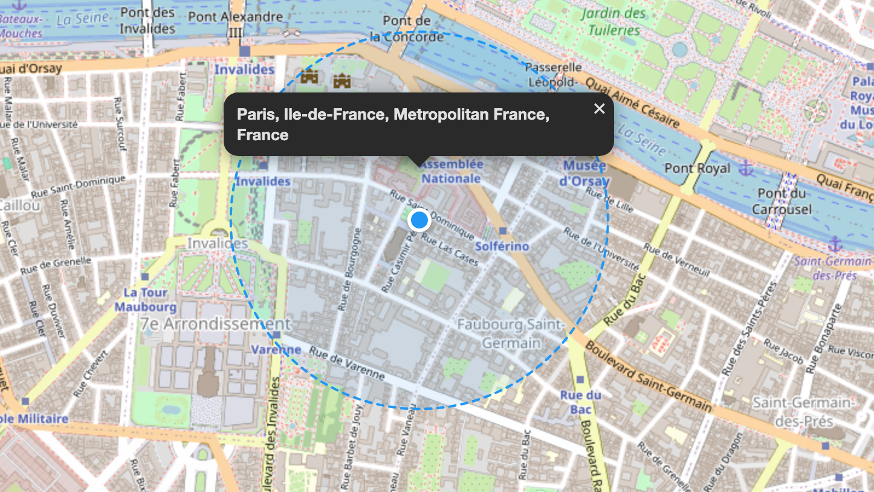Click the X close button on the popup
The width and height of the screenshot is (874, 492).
pyautogui.click(x=599, y=109)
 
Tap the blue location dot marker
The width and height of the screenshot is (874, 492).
pyautogui.click(x=419, y=220)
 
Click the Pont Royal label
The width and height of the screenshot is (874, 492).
pyautogui.click(x=698, y=168)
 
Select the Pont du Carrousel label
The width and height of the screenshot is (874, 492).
pyautogui.click(x=782, y=201)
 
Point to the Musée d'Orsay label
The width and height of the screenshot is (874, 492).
pyautogui.click(x=584, y=173)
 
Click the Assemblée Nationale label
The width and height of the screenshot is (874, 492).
pyautogui.click(x=451, y=171)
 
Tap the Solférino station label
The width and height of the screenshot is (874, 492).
pyautogui.click(x=502, y=246)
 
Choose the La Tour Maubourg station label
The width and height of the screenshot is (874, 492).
pyautogui.click(x=145, y=299)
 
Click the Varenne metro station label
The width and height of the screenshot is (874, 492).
pyautogui.click(x=276, y=349)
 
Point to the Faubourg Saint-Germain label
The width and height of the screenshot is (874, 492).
pyautogui.click(x=511, y=334)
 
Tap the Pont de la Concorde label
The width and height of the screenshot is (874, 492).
pyautogui.click(x=406, y=29)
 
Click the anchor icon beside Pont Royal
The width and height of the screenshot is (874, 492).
pyautogui.click(x=747, y=167)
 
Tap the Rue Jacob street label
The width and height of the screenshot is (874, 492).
pyautogui.click(x=783, y=351)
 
